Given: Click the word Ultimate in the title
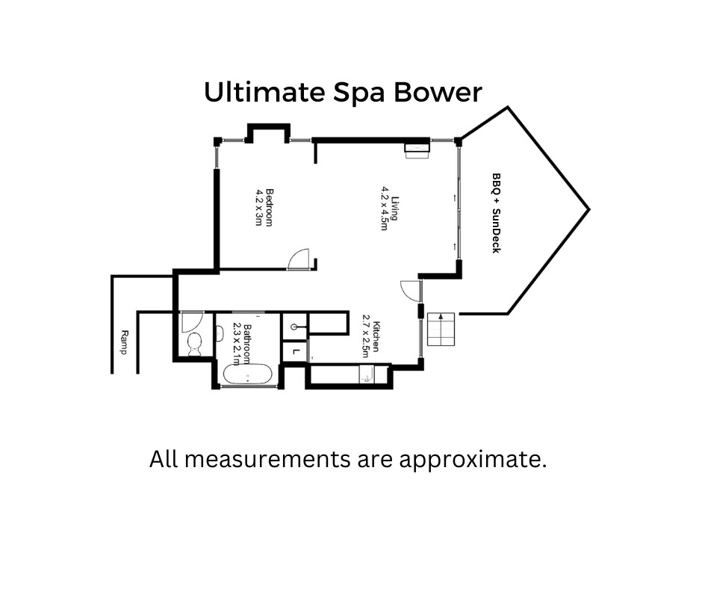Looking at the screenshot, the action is tap(264, 93).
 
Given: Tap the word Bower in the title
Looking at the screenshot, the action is tap(438, 93).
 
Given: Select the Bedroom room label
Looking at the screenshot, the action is tap(269, 208).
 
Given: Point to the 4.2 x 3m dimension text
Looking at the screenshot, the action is tap(258, 207).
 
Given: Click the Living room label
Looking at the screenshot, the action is tap(394, 209).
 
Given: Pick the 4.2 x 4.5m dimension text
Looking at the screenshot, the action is tap(384, 209).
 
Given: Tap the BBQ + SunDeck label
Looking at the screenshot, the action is tap(496, 213).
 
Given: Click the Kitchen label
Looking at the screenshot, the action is tap(376, 336).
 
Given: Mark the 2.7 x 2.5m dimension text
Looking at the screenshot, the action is tap(366, 336).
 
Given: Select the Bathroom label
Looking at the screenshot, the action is tap(246, 344).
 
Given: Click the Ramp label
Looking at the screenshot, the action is tap(125, 342).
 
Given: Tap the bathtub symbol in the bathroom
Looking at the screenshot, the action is tap(247, 374).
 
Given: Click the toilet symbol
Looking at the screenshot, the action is tap(195, 345).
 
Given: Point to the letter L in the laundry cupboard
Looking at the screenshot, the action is tap(295, 351).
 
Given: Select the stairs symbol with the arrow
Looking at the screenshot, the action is tap(441, 330).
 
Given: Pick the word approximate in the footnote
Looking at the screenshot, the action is tap(473, 460).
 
